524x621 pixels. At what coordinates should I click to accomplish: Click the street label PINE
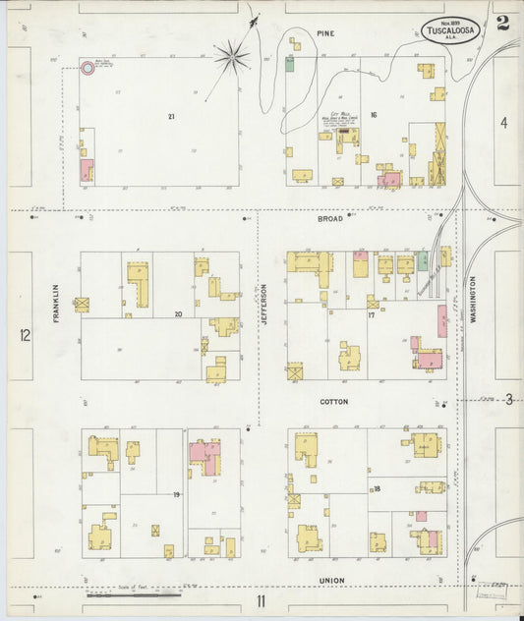click(325, 33)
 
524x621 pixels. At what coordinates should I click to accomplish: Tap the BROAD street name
click(329, 218)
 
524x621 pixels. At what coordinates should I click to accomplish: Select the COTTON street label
click(333, 402)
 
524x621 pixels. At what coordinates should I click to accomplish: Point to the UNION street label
click(331, 581)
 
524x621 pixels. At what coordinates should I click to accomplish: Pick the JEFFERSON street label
click(263, 306)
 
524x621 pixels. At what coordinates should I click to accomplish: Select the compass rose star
click(232, 57)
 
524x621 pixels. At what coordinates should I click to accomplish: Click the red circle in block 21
click(87, 69)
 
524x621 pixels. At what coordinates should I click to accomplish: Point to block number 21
click(171, 117)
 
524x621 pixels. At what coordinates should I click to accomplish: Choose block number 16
click(373, 115)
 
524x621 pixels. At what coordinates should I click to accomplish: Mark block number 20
click(178, 315)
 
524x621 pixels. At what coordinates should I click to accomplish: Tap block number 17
click(372, 315)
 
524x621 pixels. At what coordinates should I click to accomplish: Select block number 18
click(376, 488)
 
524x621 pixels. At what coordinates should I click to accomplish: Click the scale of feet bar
click(134, 593)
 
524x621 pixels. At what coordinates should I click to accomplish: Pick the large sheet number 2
click(502, 23)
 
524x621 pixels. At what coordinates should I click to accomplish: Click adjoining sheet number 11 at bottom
click(262, 601)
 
